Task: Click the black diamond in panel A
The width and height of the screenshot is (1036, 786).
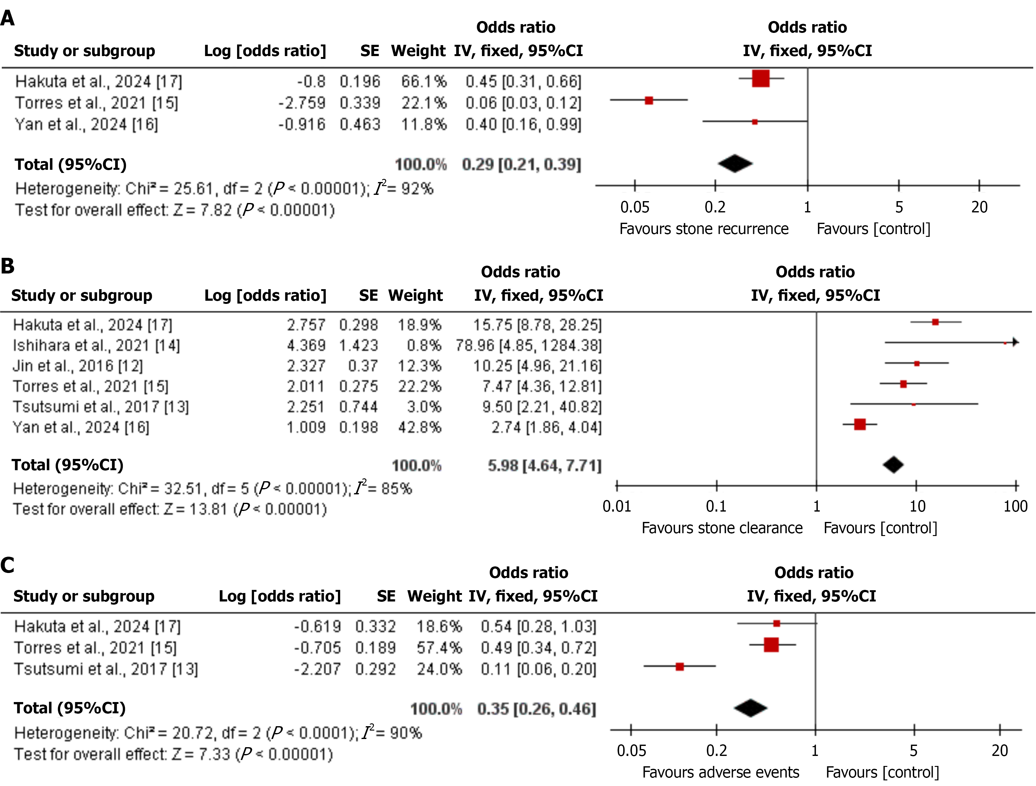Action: (735, 164)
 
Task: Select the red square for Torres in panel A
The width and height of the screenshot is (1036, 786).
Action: (649, 100)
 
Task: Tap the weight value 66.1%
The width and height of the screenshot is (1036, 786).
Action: (423, 81)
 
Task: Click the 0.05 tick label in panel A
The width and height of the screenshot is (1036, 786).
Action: (635, 207)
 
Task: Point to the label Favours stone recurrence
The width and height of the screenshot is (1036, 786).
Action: (703, 229)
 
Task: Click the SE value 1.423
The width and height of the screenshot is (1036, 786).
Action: (358, 345)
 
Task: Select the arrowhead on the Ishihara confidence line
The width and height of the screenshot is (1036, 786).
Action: (1015, 342)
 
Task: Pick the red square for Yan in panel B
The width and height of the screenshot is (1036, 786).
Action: (860, 424)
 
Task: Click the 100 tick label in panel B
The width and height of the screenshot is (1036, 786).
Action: (1015, 506)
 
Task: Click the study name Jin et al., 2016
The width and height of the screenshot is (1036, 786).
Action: (78, 366)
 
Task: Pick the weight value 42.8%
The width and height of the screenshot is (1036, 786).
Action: (420, 427)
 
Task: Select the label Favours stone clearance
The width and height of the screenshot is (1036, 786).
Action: (722, 528)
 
